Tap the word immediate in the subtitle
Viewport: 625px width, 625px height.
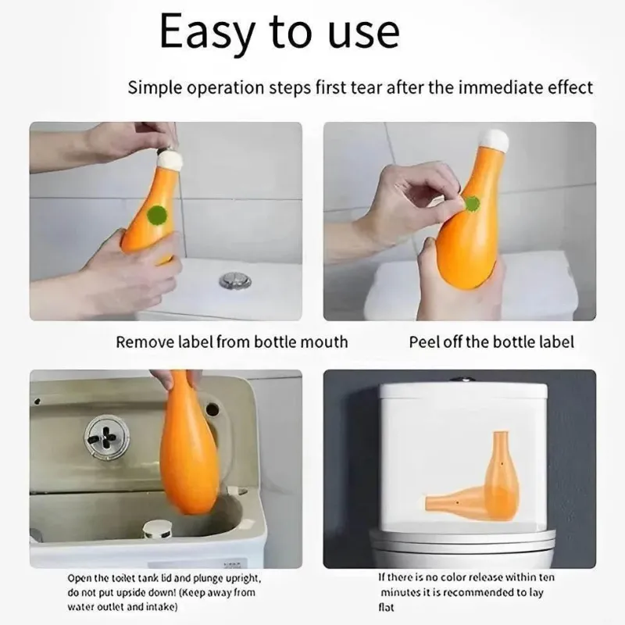[x=499, y=87]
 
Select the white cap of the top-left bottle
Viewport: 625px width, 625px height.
[x=170, y=159]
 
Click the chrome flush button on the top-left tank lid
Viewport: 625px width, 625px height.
[x=235, y=280]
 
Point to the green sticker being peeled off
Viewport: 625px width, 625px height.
[x=473, y=204]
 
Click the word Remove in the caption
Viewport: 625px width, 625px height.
[x=145, y=342]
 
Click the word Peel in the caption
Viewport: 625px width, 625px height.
[x=423, y=342]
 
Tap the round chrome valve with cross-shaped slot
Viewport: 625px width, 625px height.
[x=106, y=436]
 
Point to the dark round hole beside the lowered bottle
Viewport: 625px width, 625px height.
[x=212, y=409]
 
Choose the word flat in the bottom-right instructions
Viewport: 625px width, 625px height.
[x=386, y=607]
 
